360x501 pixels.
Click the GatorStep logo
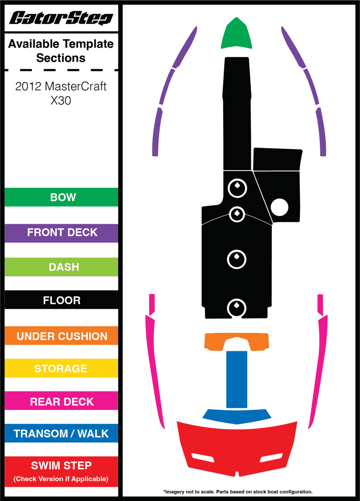(61, 18)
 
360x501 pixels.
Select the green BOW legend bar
(62, 197)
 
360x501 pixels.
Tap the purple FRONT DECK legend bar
(62, 233)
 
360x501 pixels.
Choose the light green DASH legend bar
(62, 267)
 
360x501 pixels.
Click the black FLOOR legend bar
(62, 300)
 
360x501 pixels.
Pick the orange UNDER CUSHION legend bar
(62, 336)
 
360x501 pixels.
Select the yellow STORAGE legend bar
(62, 368)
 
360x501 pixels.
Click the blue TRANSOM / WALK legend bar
(62, 433)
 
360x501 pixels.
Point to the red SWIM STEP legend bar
(62, 471)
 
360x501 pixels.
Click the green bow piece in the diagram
(237, 35)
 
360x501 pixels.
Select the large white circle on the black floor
(279, 207)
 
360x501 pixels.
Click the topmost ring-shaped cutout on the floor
(237, 188)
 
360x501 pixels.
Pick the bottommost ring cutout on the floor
(237, 308)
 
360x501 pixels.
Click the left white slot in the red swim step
(203, 457)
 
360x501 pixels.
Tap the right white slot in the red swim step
(271, 457)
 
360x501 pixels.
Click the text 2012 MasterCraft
(61, 86)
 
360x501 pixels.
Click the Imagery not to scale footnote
(238, 492)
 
